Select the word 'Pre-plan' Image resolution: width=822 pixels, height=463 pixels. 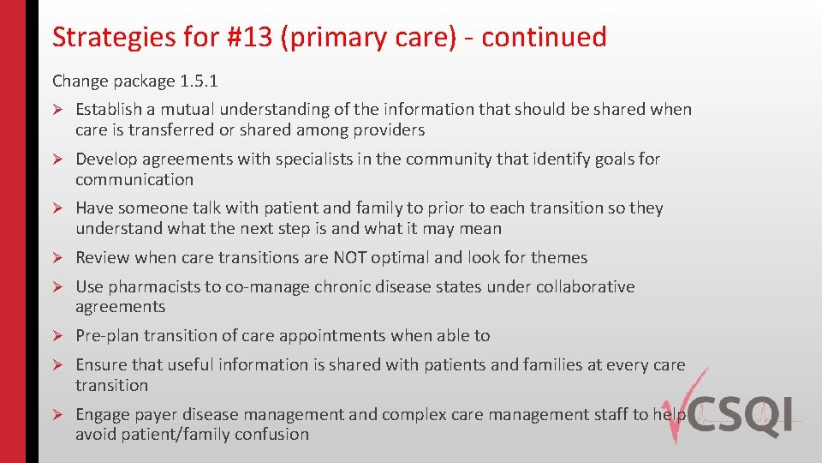click(x=108, y=335)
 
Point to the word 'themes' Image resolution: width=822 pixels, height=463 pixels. click(x=557, y=257)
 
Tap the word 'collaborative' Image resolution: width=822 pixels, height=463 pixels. click(x=585, y=286)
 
